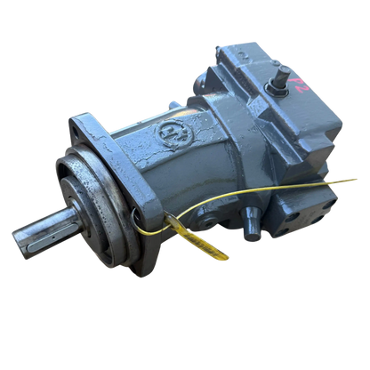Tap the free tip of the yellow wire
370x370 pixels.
[358, 181]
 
